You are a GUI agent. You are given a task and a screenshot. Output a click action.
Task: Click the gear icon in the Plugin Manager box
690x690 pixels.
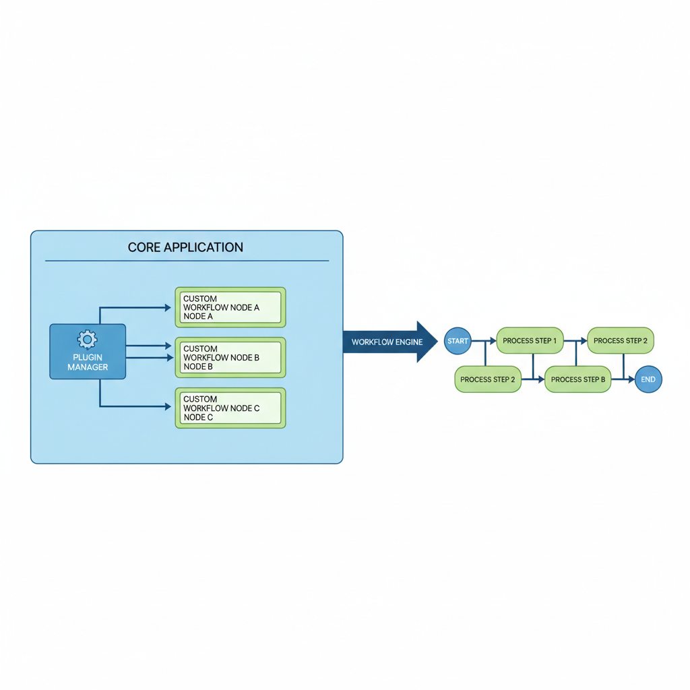pos(87,339)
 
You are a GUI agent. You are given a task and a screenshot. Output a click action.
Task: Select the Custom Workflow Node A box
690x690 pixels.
pos(230,307)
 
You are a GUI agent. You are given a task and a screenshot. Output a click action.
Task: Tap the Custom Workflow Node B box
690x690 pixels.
pos(230,357)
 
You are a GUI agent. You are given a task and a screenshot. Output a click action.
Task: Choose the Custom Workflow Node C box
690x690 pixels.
pos(230,408)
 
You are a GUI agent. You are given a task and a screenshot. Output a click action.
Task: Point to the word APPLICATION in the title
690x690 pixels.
pos(204,247)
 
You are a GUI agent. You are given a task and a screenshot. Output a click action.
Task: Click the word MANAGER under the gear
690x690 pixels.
pos(88,367)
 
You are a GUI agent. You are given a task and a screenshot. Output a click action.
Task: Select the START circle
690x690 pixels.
pos(458,341)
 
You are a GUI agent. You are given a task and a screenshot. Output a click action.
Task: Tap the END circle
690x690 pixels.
pos(648,379)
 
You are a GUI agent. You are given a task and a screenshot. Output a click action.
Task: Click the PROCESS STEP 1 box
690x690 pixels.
pos(530,341)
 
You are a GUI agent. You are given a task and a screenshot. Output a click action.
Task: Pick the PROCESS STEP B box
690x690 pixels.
pos(577,379)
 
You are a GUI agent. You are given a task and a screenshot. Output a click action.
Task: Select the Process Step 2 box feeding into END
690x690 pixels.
pos(620,341)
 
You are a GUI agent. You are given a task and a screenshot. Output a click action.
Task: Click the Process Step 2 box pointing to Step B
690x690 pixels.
pos(487,379)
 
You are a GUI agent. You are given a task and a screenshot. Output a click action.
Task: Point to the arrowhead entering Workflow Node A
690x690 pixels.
pos(168,308)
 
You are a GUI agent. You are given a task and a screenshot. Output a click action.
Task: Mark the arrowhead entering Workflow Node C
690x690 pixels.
pos(168,406)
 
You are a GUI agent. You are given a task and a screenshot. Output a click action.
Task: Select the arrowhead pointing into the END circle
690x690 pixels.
pos(631,379)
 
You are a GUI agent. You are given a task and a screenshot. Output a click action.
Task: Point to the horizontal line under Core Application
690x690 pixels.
pos(187,261)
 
